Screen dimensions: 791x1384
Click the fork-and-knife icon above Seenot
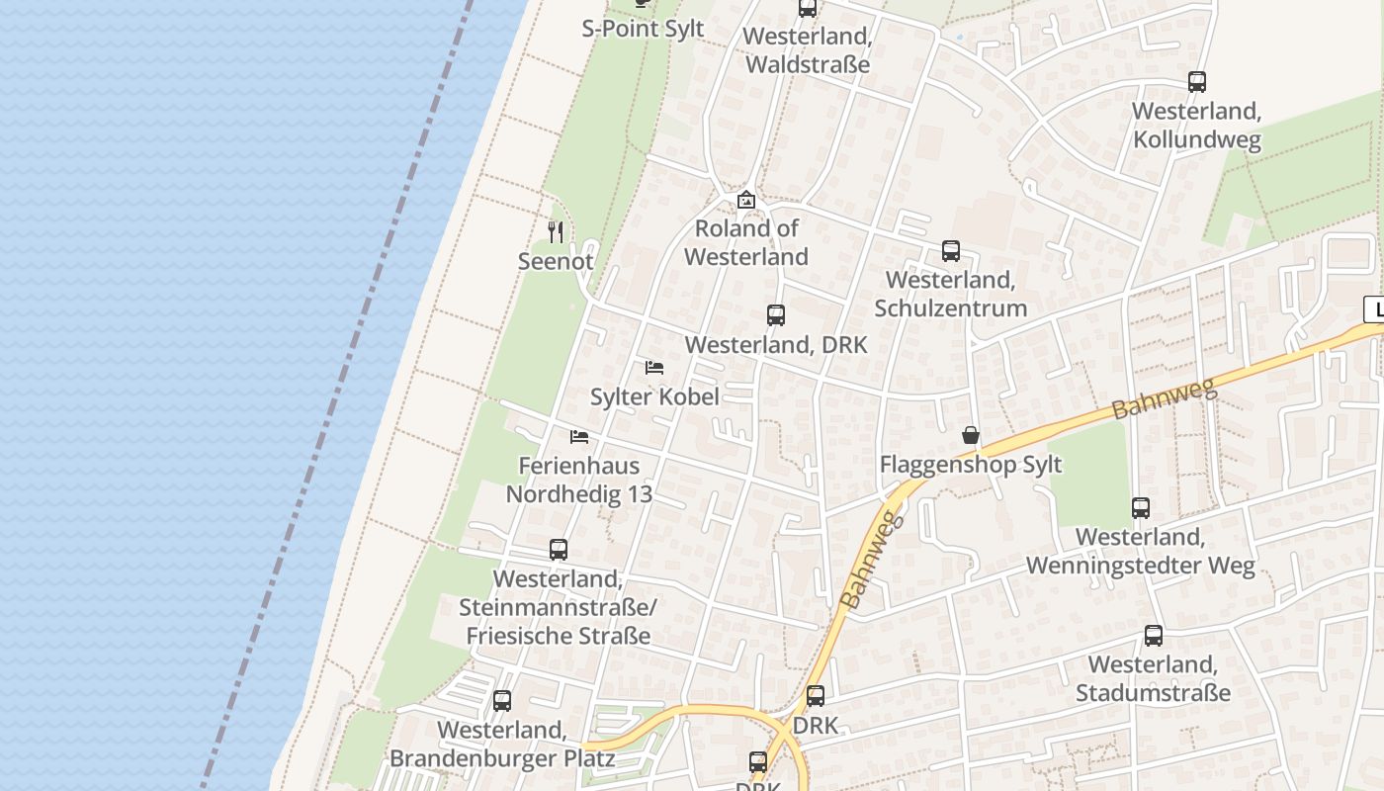pos(556,232)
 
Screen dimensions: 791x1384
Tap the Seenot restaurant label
pos(556,262)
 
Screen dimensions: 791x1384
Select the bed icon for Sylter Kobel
pos(653,368)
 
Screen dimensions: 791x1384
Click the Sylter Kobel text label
pos(654,396)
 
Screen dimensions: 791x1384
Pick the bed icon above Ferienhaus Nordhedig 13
pos(579,436)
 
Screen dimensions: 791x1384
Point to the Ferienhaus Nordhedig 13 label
pos(579,480)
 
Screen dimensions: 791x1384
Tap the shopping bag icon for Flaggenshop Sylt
pos(971,435)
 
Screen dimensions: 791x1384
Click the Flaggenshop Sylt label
pos(971,465)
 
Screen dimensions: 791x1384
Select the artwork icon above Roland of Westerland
pos(746,200)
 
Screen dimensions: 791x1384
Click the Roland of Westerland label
pos(746,242)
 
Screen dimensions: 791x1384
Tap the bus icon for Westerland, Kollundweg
pos(1197,82)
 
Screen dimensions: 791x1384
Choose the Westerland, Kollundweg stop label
pos(1197,126)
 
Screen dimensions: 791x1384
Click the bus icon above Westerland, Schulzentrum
pos(951,251)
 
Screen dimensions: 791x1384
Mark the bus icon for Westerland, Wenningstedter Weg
pos(1141,508)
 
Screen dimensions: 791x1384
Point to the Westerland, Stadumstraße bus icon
pos(1154,636)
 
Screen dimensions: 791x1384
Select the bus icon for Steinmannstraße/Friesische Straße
pos(559,550)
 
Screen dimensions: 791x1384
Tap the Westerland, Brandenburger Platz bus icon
pos(502,701)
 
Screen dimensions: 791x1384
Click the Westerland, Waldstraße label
pos(808,50)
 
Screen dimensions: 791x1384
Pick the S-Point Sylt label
pos(643,29)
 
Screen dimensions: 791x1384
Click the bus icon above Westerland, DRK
pos(776,315)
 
